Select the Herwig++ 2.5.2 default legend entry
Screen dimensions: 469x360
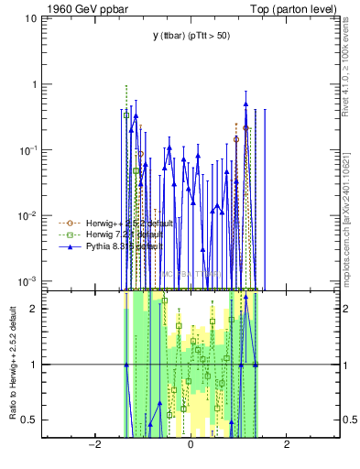[x=108, y=223]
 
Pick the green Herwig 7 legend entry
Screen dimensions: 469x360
[x=108, y=235]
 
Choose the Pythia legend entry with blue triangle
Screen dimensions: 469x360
[x=108, y=247]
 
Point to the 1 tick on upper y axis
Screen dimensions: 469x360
[x=39, y=84]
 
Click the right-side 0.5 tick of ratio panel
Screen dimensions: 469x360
[x=348, y=420]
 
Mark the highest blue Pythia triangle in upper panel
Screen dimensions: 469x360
[x=245, y=104]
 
